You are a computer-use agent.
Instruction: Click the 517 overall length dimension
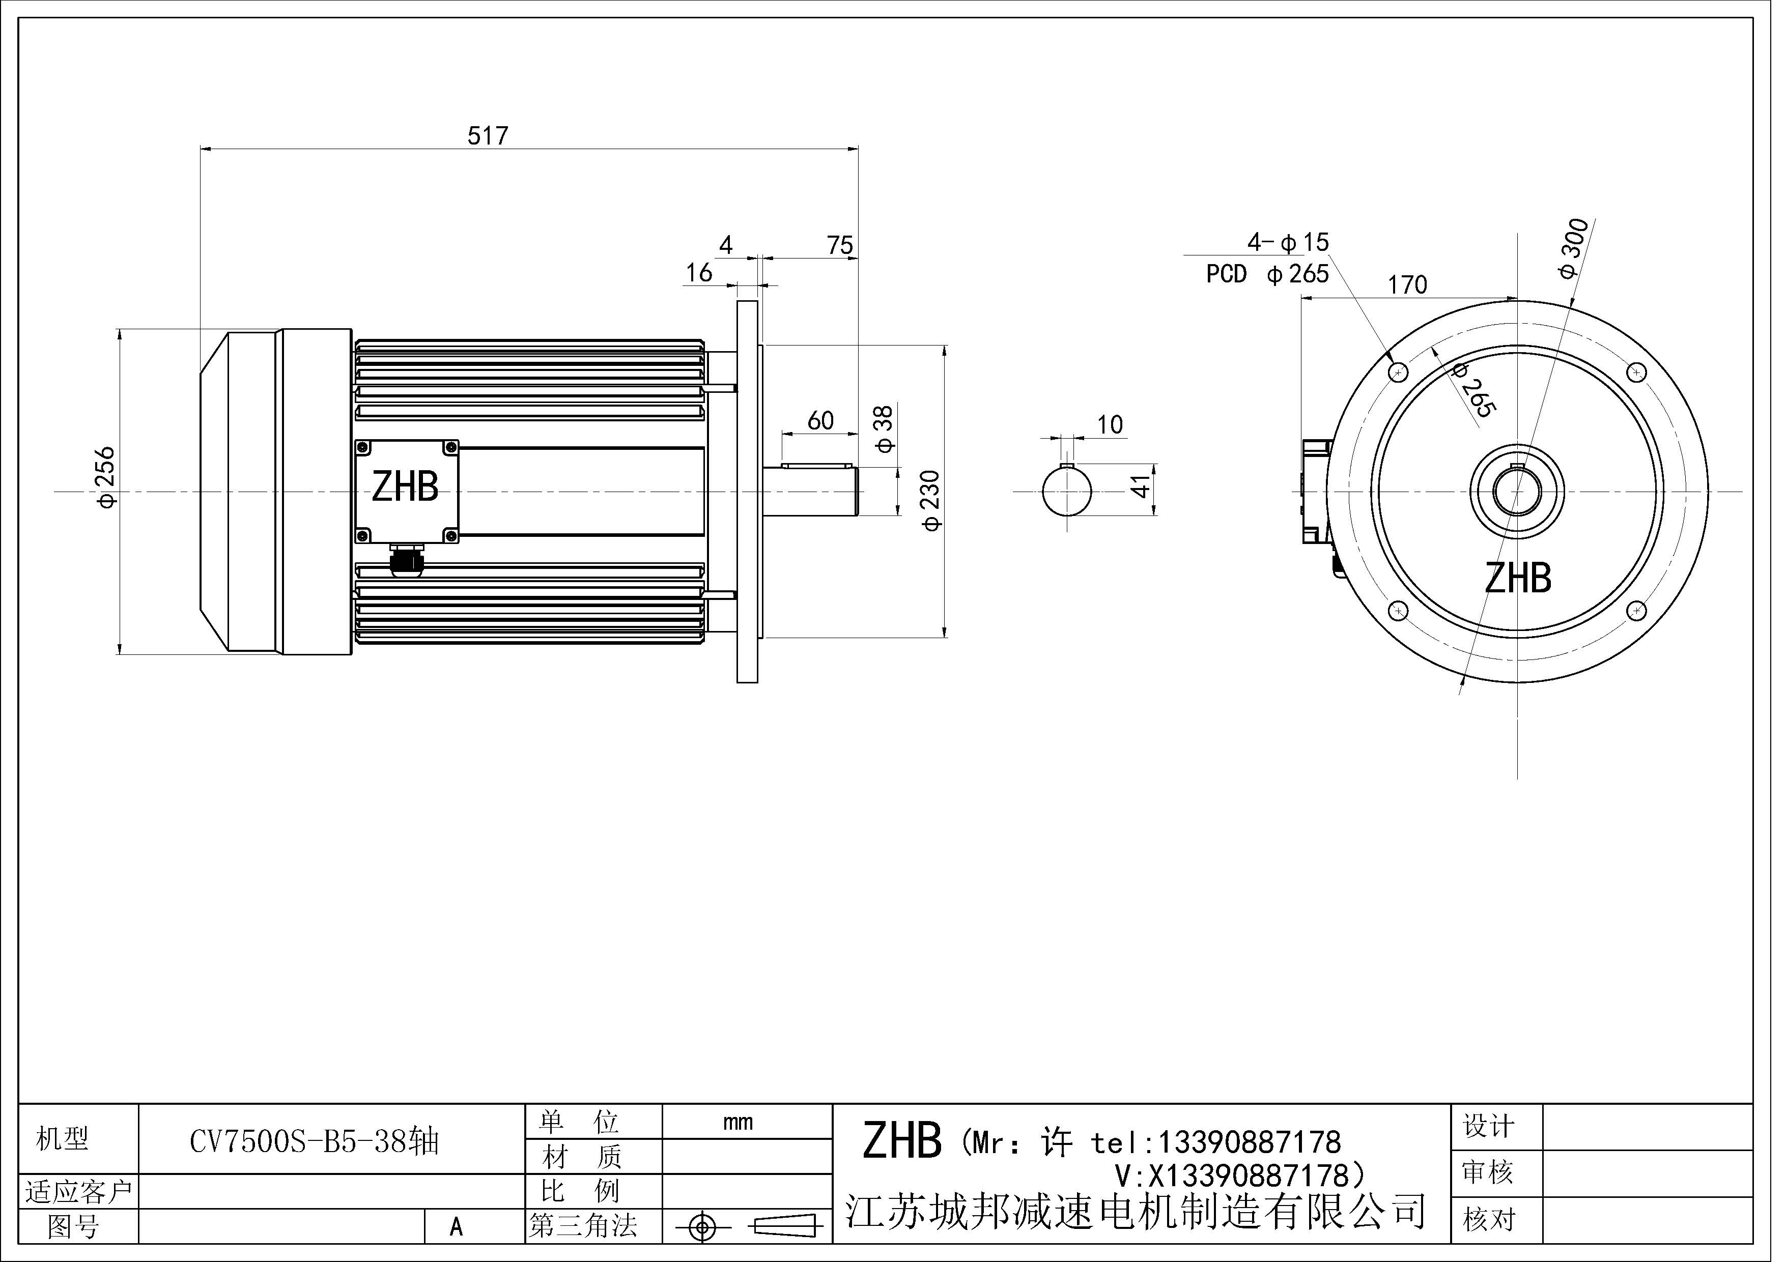click(488, 136)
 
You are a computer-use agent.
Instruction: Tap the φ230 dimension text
click(930, 501)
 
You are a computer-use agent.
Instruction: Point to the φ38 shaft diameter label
click(885, 429)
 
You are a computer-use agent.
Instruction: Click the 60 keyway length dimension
click(820, 421)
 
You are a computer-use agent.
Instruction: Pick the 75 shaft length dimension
click(840, 246)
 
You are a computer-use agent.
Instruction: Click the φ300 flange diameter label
click(1572, 249)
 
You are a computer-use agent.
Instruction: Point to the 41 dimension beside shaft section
click(1141, 487)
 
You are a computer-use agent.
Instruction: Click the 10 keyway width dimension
click(1110, 424)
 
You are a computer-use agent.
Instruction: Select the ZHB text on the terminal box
click(405, 487)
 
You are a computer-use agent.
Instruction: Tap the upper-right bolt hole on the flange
click(1637, 373)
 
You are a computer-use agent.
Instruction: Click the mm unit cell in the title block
click(738, 1122)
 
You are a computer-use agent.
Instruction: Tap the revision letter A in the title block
click(456, 1227)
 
